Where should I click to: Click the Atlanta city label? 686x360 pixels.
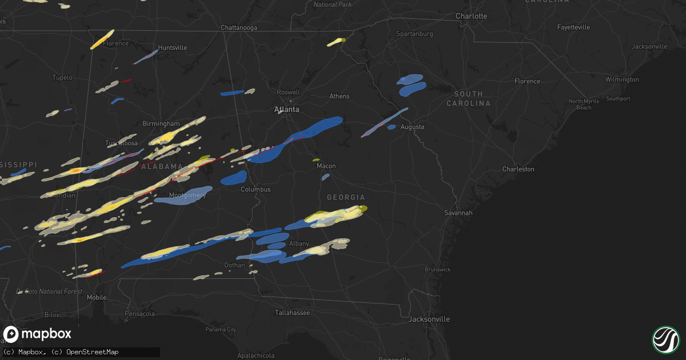tap(286, 109)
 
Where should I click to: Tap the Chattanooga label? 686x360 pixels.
tap(239, 27)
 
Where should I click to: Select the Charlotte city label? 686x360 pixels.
tap(471, 16)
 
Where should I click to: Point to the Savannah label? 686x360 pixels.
tap(458, 213)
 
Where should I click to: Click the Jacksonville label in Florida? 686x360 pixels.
tap(429, 319)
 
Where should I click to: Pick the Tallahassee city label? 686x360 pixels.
tap(292, 313)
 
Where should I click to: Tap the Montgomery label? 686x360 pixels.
tap(188, 195)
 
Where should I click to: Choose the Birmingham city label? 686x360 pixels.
tap(161, 123)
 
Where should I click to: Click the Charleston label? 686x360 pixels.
tap(518, 169)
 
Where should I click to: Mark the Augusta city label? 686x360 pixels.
tap(412, 127)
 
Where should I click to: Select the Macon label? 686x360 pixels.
tap(326, 166)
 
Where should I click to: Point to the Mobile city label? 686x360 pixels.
tap(97, 297)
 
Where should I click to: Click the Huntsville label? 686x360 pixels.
tap(172, 47)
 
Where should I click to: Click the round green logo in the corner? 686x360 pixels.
tap(665, 339)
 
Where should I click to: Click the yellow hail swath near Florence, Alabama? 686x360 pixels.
tap(102, 39)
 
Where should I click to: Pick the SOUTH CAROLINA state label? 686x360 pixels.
tap(468, 98)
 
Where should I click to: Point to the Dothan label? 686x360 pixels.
tap(234, 265)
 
